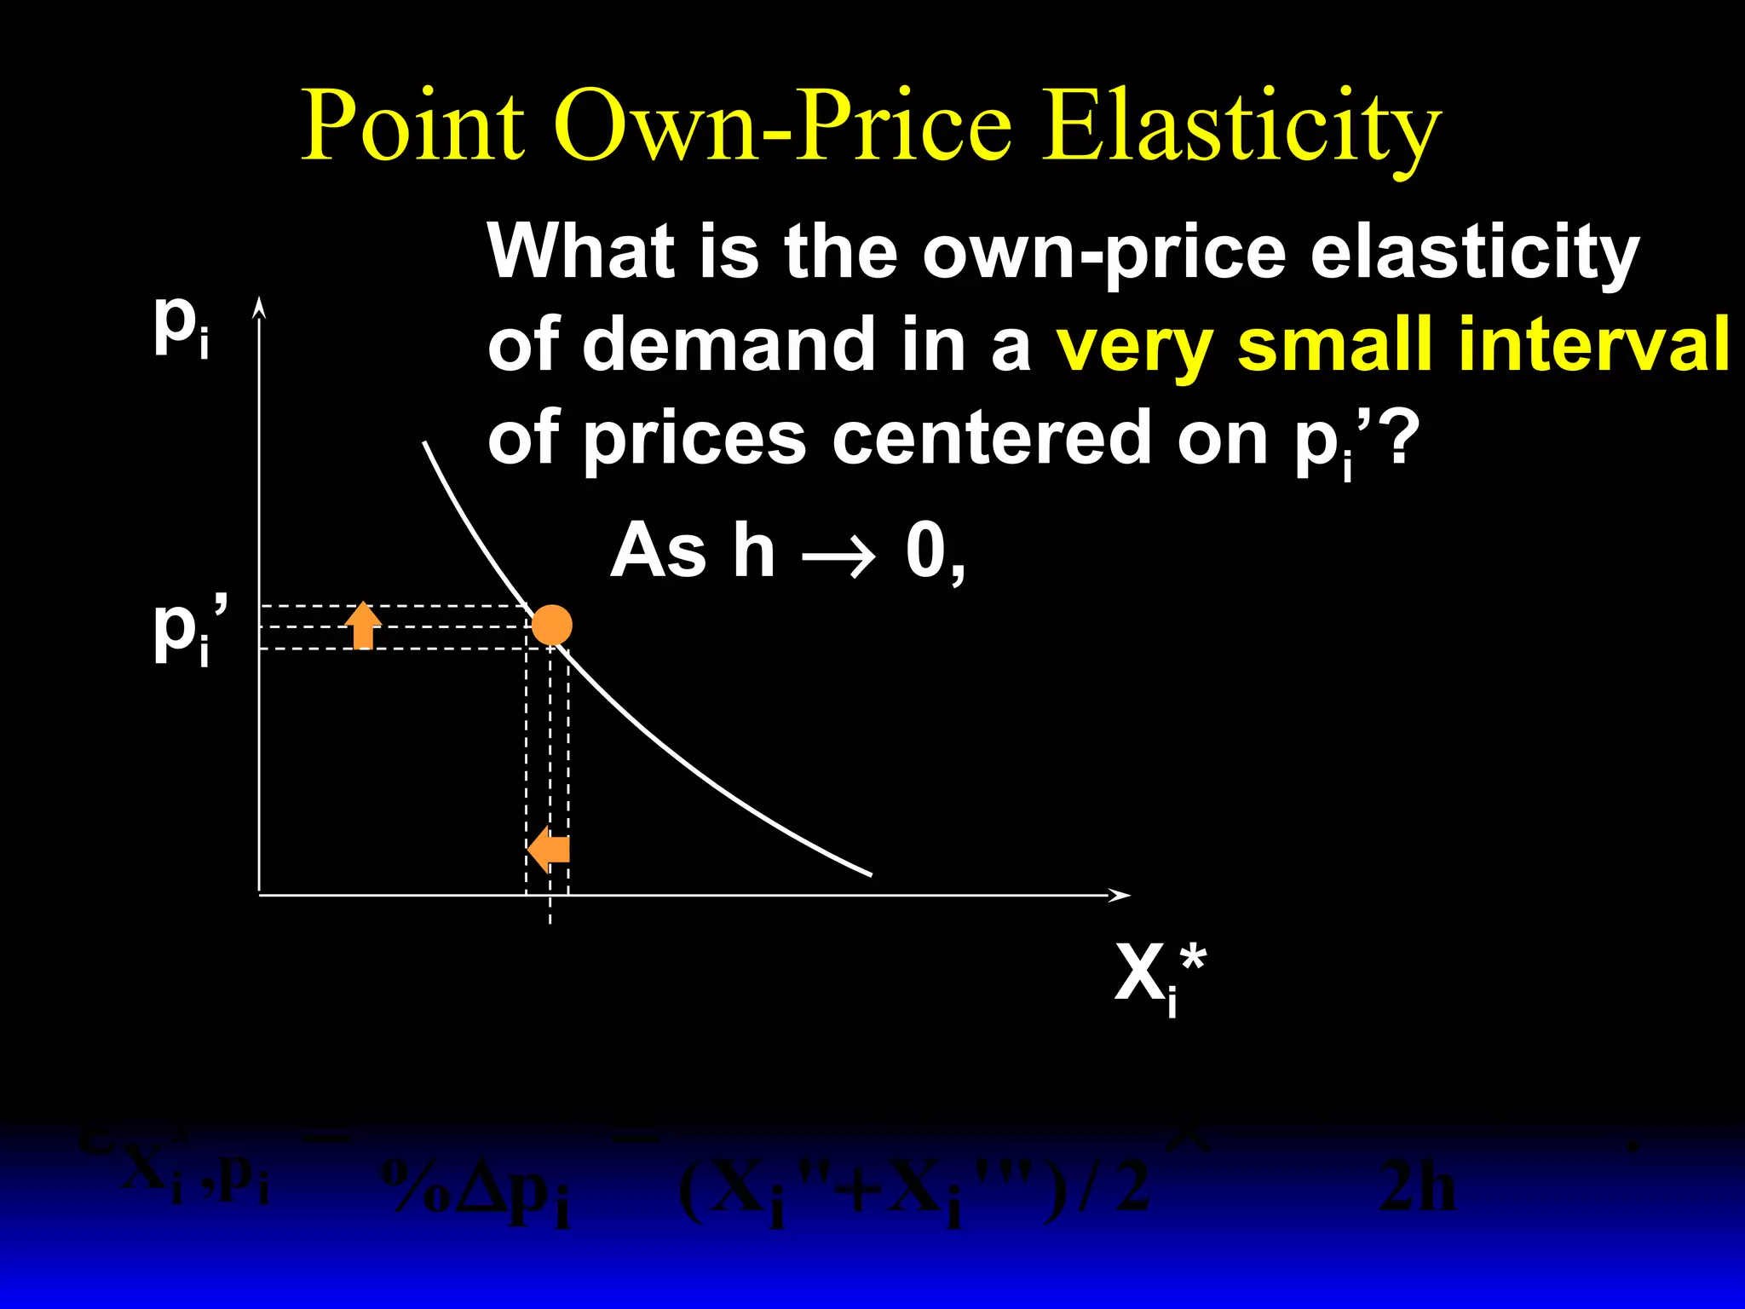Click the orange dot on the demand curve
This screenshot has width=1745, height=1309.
click(x=551, y=626)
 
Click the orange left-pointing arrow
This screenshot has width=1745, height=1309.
click(x=548, y=850)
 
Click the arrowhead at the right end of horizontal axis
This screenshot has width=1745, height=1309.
click(x=1120, y=895)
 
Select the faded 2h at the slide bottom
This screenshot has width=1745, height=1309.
click(x=1415, y=1188)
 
